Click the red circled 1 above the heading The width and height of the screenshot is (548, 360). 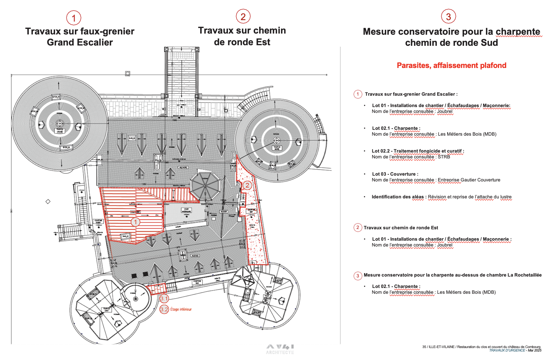point(74,18)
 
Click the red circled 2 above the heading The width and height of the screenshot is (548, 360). point(243,17)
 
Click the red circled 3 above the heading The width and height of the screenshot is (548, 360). point(448,17)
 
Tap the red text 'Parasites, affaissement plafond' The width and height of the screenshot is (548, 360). point(451,65)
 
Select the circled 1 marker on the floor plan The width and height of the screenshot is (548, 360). point(135,222)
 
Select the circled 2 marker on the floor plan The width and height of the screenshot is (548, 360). point(247,185)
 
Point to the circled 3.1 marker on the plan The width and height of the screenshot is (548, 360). point(164,298)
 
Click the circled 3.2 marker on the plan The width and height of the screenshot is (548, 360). point(164,309)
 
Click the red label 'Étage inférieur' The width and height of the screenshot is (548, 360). point(181,309)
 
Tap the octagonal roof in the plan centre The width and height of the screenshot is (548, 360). point(205,186)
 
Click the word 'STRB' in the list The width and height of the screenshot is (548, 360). point(444,157)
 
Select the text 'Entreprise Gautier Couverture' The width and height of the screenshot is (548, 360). point(469,180)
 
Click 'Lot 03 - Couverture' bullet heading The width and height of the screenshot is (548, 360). point(395,174)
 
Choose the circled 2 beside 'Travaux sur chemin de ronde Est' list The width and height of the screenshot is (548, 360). point(358,228)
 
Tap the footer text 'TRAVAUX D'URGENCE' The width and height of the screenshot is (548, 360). point(507,350)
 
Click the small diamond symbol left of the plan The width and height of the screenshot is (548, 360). point(48,201)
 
